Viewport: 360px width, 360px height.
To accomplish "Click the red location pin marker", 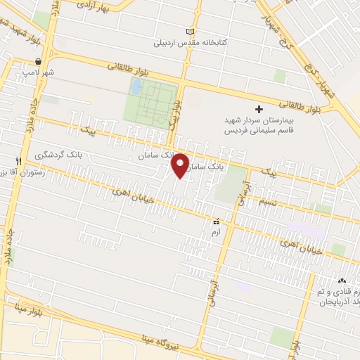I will point(181,165).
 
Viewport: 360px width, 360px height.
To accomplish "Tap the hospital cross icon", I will point(259,109).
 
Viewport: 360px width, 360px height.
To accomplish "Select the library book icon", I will point(188,32).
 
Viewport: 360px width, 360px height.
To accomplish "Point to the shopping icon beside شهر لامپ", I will point(37,61).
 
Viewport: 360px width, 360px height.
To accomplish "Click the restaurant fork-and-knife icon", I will point(18,161).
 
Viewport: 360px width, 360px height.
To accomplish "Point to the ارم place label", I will point(217,231).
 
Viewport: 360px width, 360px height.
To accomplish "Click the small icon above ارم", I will point(217,221).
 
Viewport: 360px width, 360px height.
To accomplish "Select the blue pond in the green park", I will point(137,87).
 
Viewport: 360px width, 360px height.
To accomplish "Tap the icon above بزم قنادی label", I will point(344,280).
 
